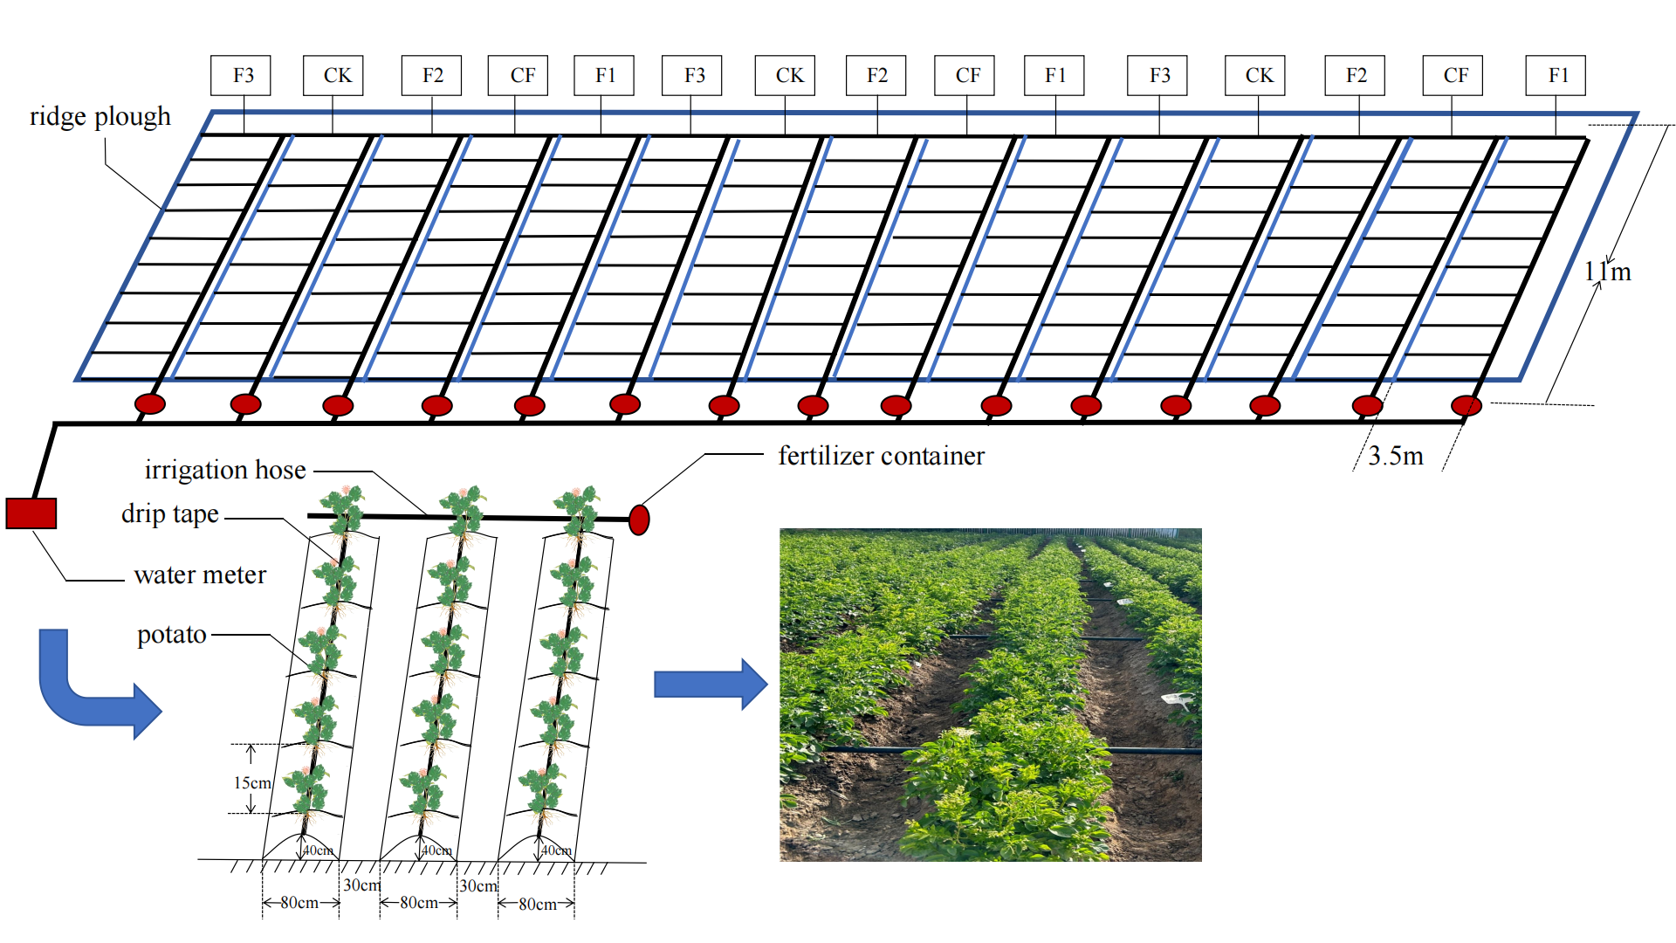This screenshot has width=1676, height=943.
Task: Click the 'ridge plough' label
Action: tap(100, 117)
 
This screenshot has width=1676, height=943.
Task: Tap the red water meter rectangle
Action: tap(31, 513)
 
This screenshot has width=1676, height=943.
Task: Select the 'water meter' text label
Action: tap(200, 575)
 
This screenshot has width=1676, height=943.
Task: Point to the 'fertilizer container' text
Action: tap(881, 456)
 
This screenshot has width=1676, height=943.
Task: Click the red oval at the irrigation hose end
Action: tap(639, 520)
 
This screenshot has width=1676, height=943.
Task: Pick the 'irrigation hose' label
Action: tap(225, 470)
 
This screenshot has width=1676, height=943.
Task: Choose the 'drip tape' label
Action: tap(170, 513)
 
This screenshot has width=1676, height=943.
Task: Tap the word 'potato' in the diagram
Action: tap(172, 635)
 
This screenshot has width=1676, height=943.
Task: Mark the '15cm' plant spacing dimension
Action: tap(252, 783)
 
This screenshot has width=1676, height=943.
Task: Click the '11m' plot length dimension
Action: tap(1607, 272)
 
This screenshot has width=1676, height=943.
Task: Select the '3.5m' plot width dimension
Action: tap(1395, 456)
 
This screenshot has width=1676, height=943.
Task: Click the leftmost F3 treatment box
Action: tap(241, 75)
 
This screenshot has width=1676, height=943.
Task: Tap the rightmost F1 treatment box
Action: tap(1556, 75)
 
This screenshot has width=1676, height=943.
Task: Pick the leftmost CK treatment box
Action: tap(333, 75)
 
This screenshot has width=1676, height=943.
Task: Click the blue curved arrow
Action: tap(87, 690)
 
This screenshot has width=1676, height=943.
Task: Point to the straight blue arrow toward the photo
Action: tap(710, 684)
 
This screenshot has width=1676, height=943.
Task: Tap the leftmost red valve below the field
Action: tap(150, 403)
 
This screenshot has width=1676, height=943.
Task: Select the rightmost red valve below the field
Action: tap(1466, 405)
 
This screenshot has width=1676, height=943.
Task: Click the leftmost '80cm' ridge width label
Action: tap(299, 903)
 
